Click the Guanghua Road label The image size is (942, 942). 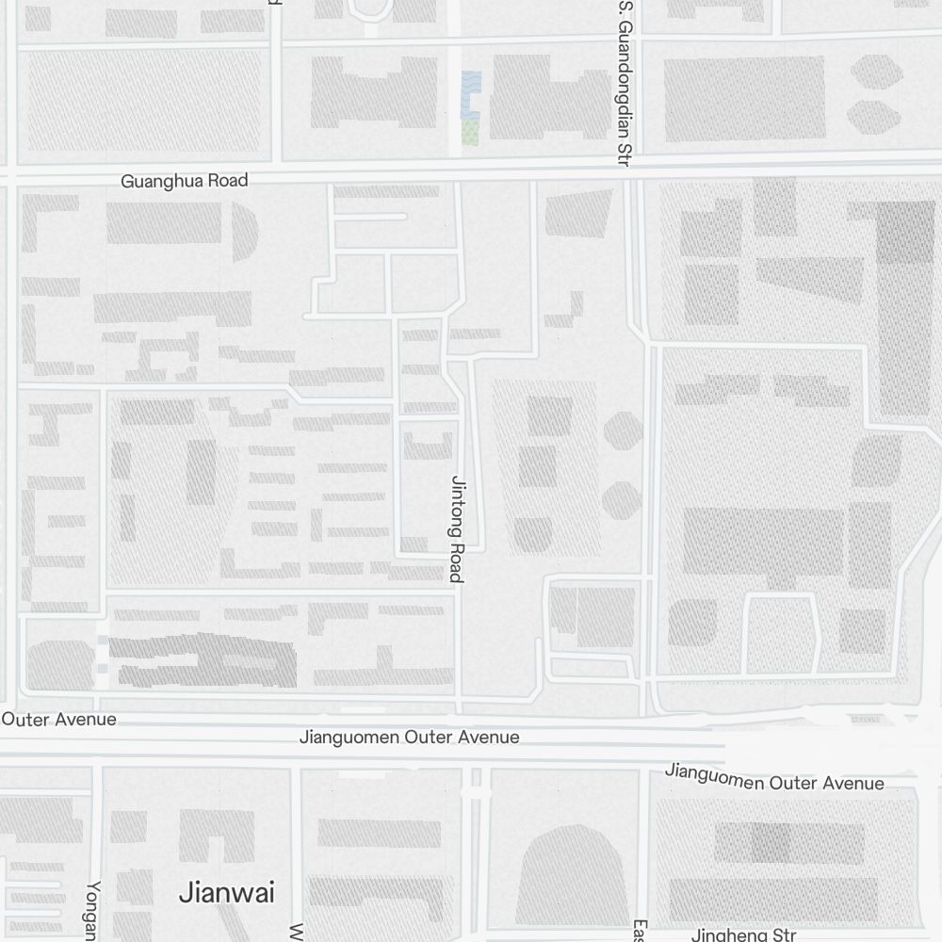coord(185,180)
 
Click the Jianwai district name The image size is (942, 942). coord(227,891)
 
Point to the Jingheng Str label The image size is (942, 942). coord(744,934)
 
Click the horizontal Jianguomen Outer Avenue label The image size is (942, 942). coord(409,737)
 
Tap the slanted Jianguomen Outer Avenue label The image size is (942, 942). coord(774,777)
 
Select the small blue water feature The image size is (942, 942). coord(470,93)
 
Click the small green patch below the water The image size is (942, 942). coord(469,132)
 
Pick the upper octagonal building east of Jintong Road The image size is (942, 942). coord(624,430)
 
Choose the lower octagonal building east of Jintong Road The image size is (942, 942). coord(622,500)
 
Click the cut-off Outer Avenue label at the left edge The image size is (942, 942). coord(58,719)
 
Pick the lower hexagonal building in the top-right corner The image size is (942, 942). coord(873,115)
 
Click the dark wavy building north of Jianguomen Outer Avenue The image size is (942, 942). coord(203,659)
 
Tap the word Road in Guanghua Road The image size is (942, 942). coord(229,180)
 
